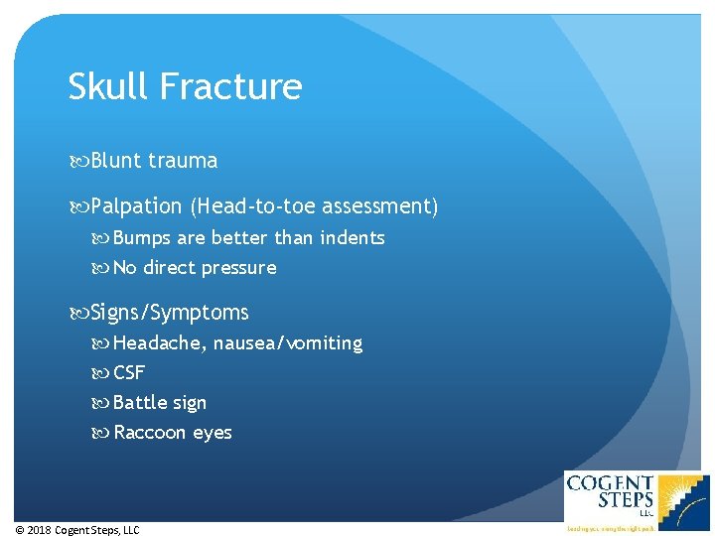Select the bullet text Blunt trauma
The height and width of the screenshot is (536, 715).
coord(154,161)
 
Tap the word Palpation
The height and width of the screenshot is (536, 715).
coord(136,207)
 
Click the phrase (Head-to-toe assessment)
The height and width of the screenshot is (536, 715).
coord(315,206)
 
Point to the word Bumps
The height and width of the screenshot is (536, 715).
coord(144,238)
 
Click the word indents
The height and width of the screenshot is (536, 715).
coord(352,237)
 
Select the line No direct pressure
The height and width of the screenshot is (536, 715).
coord(195,268)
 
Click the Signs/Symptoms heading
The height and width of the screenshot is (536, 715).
coord(169,313)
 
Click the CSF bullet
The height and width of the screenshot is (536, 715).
coord(129,373)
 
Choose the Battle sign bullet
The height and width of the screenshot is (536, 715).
coord(160,403)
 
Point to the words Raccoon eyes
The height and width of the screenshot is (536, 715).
coord(173,433)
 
